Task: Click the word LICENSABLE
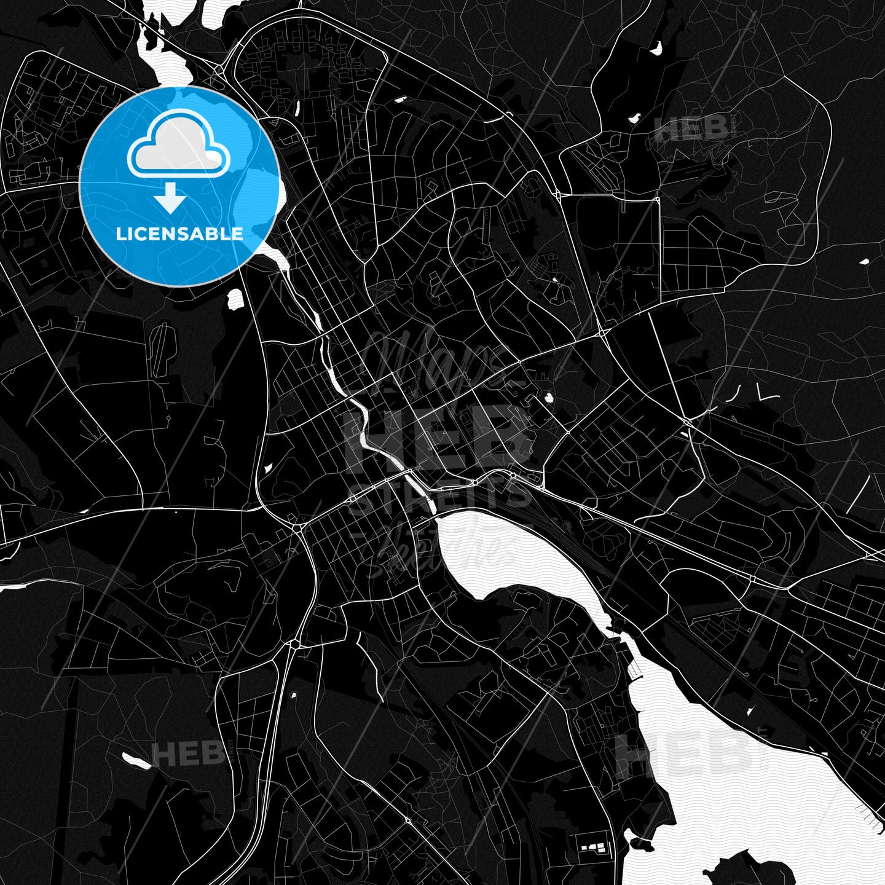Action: tap(179, 234)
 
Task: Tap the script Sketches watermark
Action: tap(449, 549)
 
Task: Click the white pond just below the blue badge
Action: tap(235, 299)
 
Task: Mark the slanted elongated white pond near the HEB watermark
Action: tap(136, 760)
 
